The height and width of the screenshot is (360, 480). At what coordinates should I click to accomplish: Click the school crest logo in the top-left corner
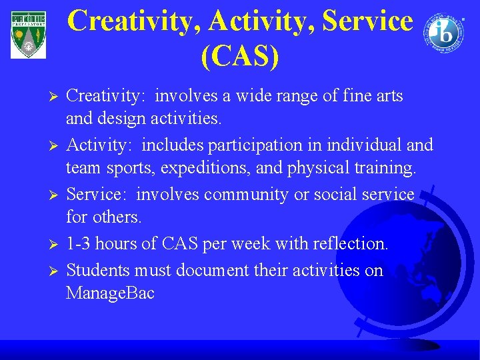[x=29, y=34]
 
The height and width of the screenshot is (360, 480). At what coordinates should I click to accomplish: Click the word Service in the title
[x=367, y=21]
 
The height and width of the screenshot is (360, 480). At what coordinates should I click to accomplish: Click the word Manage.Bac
[x=110, y=293]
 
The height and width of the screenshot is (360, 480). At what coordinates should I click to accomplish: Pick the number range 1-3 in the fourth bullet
[x=80, y=244]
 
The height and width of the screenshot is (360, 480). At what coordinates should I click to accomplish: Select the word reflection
[x=354, y=244]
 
